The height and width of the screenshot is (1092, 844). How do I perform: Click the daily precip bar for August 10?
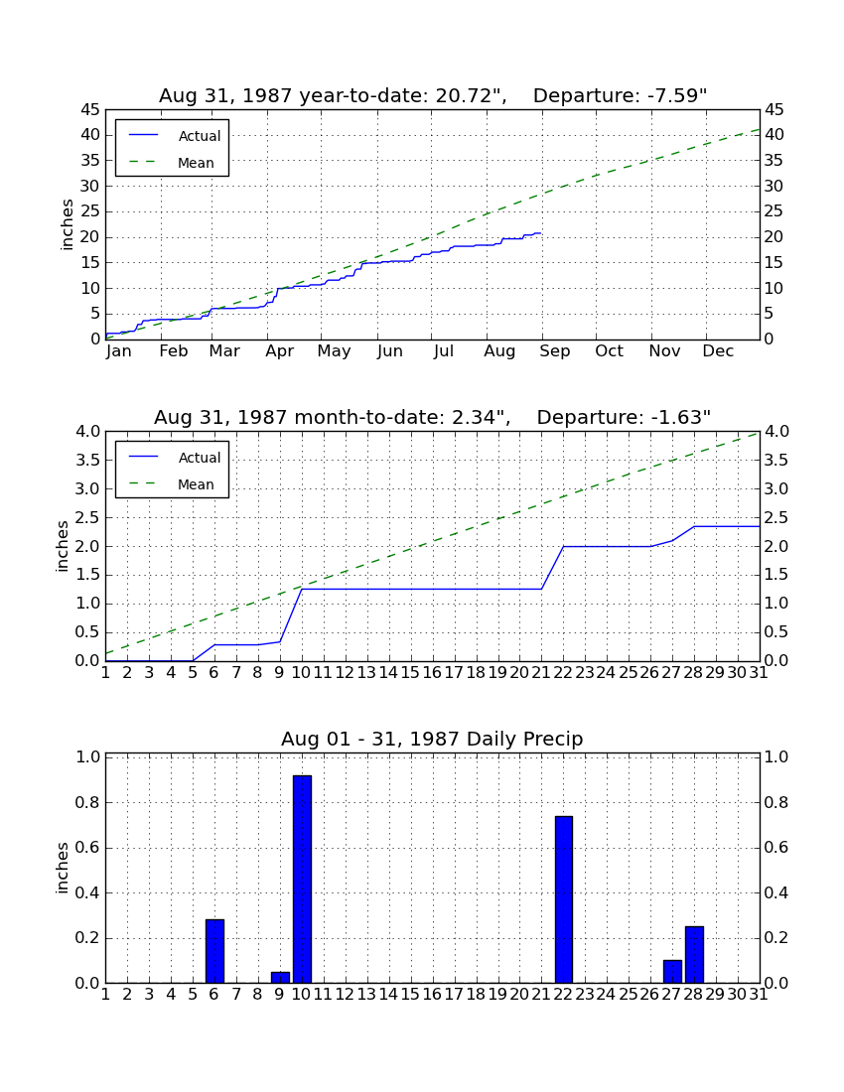302,879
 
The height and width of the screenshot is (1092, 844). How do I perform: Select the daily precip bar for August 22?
564,899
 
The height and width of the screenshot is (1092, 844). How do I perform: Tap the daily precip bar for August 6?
215,951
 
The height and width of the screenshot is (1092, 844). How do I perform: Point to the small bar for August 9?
281,978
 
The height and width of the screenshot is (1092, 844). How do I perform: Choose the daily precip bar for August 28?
695,955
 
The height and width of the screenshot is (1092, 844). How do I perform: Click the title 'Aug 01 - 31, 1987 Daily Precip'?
432,739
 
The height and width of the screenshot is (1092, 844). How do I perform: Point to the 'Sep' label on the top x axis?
554,351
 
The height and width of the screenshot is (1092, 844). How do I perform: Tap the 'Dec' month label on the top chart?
718,351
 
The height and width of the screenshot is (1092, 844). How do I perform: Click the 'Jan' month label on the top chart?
119,351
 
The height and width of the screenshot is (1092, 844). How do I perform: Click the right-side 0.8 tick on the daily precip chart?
776,802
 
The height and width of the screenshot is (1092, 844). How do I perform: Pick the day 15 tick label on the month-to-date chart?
410,673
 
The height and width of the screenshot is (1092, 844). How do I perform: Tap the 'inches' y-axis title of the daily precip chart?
62,868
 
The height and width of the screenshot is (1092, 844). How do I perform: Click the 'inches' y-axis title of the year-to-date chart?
67,224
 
